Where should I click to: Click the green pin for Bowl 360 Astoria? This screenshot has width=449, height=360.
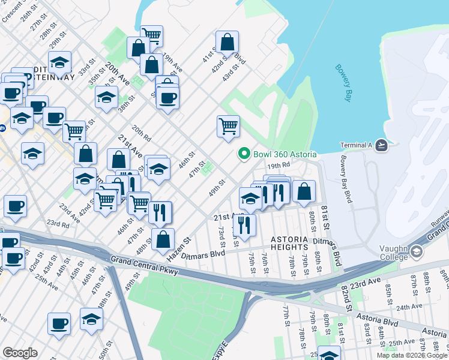coord(244,154)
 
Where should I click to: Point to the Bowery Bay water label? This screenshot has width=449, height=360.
coord(343,82)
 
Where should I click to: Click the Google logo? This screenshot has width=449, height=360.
coord(20,353)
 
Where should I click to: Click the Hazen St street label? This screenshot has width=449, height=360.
coord(179,248)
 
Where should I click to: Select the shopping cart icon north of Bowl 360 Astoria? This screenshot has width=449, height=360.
coord(228,127)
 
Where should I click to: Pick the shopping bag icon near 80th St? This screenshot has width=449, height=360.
coord(304,192)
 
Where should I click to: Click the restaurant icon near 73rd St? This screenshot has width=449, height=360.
coord(244,224)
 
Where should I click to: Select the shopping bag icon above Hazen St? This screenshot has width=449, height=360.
coord(163,239)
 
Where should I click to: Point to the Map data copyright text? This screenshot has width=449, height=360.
coord(411,355)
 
